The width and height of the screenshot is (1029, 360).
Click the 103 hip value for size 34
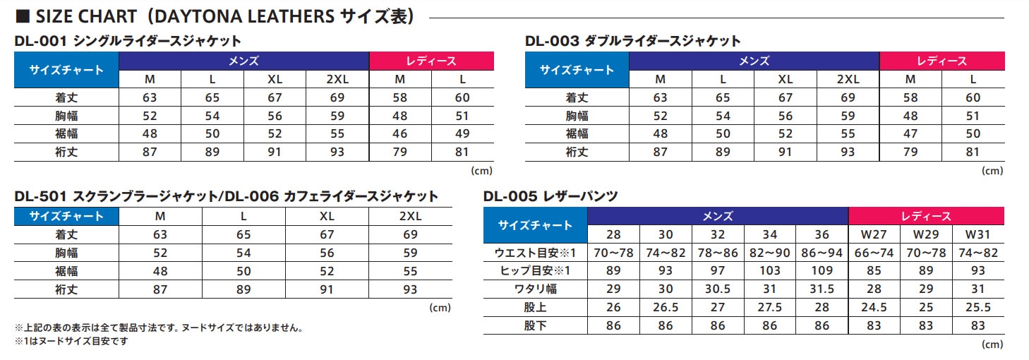[770, 270]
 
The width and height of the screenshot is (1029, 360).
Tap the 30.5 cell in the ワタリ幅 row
[718, 289]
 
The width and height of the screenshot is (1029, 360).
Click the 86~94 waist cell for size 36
[822, 252]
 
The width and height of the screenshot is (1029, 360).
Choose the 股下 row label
[536, 325]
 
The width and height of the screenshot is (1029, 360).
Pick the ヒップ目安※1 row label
[536, 270]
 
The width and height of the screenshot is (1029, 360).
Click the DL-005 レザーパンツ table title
[551, 197]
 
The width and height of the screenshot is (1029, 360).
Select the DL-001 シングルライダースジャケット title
[128, 41]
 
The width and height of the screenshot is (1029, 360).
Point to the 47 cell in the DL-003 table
[910, 133]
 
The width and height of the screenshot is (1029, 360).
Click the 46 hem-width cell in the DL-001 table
[399, 133]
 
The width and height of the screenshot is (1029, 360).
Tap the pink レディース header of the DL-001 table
[431, 61]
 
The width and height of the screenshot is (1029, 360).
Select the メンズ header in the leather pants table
[718, 216]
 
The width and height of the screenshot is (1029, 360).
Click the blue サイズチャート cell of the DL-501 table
[66, 216]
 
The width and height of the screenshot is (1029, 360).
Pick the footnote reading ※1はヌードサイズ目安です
[71, 341]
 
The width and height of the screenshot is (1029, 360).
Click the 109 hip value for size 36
[822, 270]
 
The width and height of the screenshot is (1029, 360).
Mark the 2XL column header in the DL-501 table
[410, 216]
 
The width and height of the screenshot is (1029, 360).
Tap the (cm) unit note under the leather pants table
[992, 344]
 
